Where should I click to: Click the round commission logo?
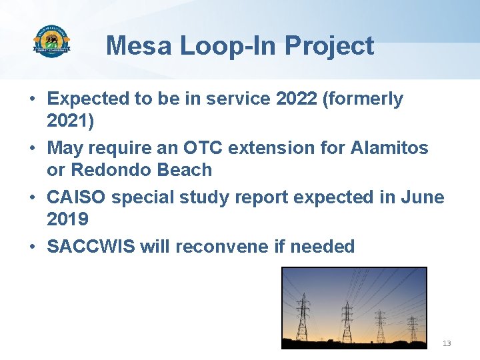(51, 43)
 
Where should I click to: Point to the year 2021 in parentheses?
(67, 121)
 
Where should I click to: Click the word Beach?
(185, 170)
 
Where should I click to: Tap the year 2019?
(67, 219)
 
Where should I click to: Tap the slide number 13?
(447, 343)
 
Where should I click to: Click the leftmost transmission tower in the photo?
(303, 317)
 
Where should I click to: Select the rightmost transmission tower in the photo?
(413, 327)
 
